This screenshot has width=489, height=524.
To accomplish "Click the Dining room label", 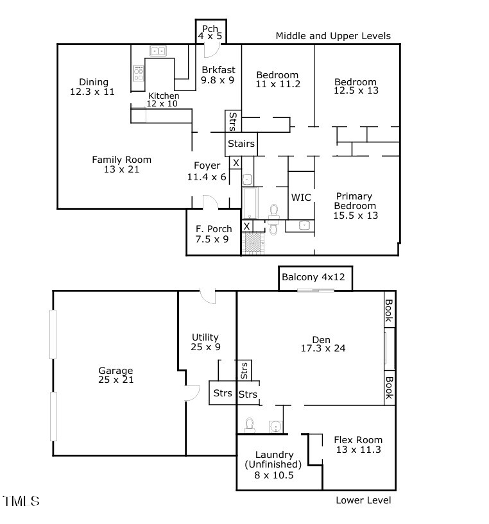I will (93, 87).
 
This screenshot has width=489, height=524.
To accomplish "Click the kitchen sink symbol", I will (157, 51).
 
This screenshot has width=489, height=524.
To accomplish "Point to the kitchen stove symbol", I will (139, 73).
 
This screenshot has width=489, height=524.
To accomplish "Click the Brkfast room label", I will (218, 75).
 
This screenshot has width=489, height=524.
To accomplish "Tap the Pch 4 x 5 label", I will (210, 32).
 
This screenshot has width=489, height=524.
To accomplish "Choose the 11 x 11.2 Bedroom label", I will (278, 79).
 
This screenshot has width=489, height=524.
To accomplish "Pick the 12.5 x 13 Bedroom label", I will (356, 86).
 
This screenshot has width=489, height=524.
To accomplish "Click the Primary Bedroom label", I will (355, 205).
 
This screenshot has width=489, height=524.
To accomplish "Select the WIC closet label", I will (301, 198).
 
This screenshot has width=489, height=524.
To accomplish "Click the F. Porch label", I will (213, 234).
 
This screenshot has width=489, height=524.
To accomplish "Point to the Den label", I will (315, 344).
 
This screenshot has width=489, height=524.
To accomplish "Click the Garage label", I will (116, 375).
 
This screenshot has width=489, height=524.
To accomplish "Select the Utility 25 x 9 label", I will (205, 342).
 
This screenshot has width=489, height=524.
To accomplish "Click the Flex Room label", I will (357, 444).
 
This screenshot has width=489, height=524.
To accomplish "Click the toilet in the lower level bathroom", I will (249, 425).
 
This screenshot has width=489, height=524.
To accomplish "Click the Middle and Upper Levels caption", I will (332, 36).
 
